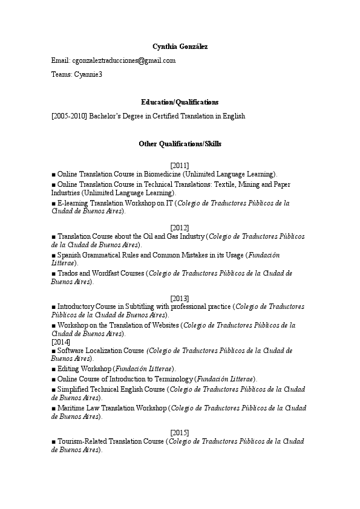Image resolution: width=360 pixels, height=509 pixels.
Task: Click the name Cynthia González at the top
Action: pyautogui.click(x=180, y=47)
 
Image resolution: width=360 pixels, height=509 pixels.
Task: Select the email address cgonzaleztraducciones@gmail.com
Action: pyautogui.click(x=123, y=60)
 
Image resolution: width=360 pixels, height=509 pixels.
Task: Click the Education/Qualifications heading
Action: pyautogui.click(x=180, y=102)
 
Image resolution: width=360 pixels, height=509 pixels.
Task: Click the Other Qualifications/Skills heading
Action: pyautogui.click(x=180, y=144)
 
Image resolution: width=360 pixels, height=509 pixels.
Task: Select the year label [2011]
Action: pyautogui.click(x=180, y=165)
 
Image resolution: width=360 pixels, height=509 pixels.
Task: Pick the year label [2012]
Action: pyautogui.click(x=180, y=227)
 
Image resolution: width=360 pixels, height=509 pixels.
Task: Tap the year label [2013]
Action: pyautogui.click(x=180, y=298)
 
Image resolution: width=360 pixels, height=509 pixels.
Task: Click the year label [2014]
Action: pyautogui.click(x=61, y=342)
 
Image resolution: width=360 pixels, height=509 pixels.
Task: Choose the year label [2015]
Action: pyautogui.click(x=180, y=432)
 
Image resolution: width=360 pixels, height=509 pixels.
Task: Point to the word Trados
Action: pyautogui.click(x=67, y=273)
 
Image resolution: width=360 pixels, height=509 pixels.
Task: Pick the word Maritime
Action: pyautogui.click(x=71, y=408)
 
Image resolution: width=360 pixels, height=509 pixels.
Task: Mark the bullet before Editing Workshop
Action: pyautogui.click(x=53, y=369)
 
